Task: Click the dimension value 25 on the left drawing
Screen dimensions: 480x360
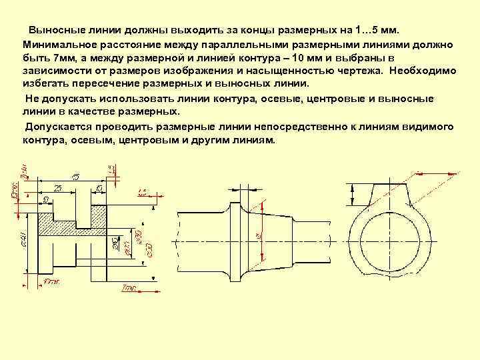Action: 57,189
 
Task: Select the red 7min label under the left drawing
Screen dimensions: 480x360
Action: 130,288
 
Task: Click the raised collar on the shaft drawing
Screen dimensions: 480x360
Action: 237,240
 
